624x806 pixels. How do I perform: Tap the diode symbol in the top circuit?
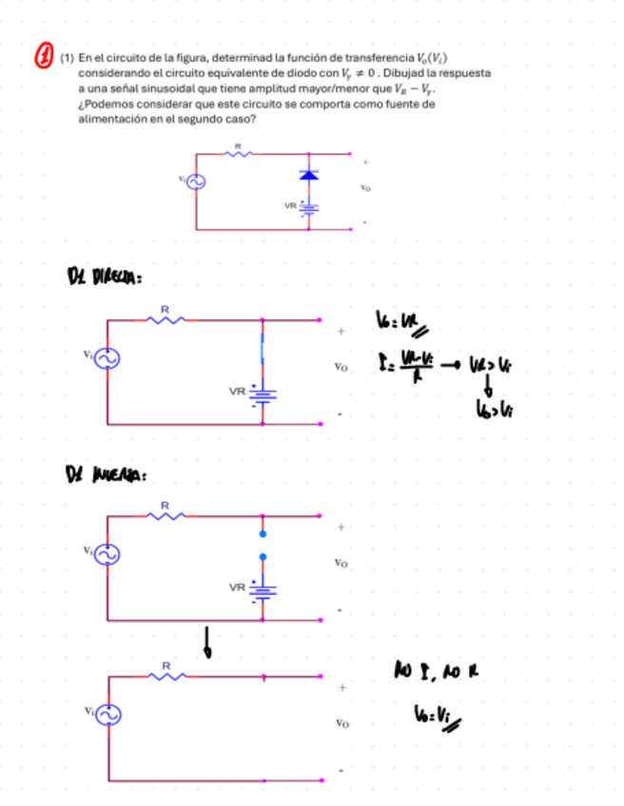click(x=307, y=175)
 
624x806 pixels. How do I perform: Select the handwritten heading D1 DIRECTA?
click(x=104, y=277)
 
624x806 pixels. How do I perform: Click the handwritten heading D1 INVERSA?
click(x=104, y=472)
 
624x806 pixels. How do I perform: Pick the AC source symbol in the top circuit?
click(x=197, y=181)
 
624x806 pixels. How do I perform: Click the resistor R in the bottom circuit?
click(x=166, y=676)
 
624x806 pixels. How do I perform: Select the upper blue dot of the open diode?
click(x=263, y=533)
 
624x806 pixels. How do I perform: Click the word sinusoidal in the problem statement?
click(x=155, y=86)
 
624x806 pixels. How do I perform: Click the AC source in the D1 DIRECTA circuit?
click(x=106, y=358)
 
